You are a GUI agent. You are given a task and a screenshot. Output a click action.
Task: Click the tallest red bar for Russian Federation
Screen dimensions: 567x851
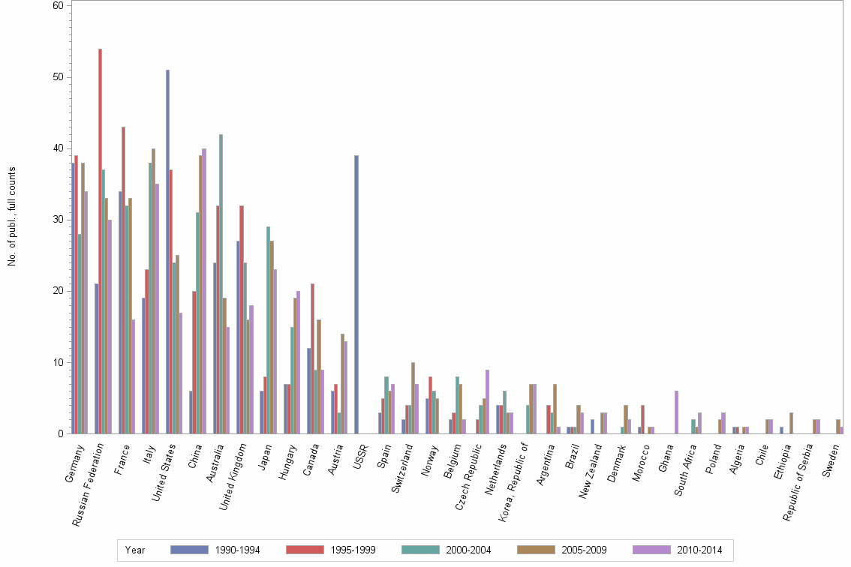point(100,241)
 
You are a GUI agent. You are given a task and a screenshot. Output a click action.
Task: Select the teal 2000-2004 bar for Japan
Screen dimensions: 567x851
point(268,330)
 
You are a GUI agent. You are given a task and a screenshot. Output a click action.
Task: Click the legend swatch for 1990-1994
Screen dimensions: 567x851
point(189,550)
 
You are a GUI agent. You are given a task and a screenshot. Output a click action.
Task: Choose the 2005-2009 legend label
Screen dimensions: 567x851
point(584,550)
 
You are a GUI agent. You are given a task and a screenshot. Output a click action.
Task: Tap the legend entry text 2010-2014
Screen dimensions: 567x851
point(699,550)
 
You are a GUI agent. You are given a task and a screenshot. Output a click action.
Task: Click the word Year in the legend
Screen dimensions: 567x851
point(135,550)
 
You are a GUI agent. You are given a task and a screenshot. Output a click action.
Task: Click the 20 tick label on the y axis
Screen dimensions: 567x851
point(58,291)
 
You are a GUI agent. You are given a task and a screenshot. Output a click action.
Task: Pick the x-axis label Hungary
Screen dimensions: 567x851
point(288,462)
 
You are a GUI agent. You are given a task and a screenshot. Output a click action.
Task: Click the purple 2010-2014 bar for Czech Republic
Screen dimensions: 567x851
point(487,401)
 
